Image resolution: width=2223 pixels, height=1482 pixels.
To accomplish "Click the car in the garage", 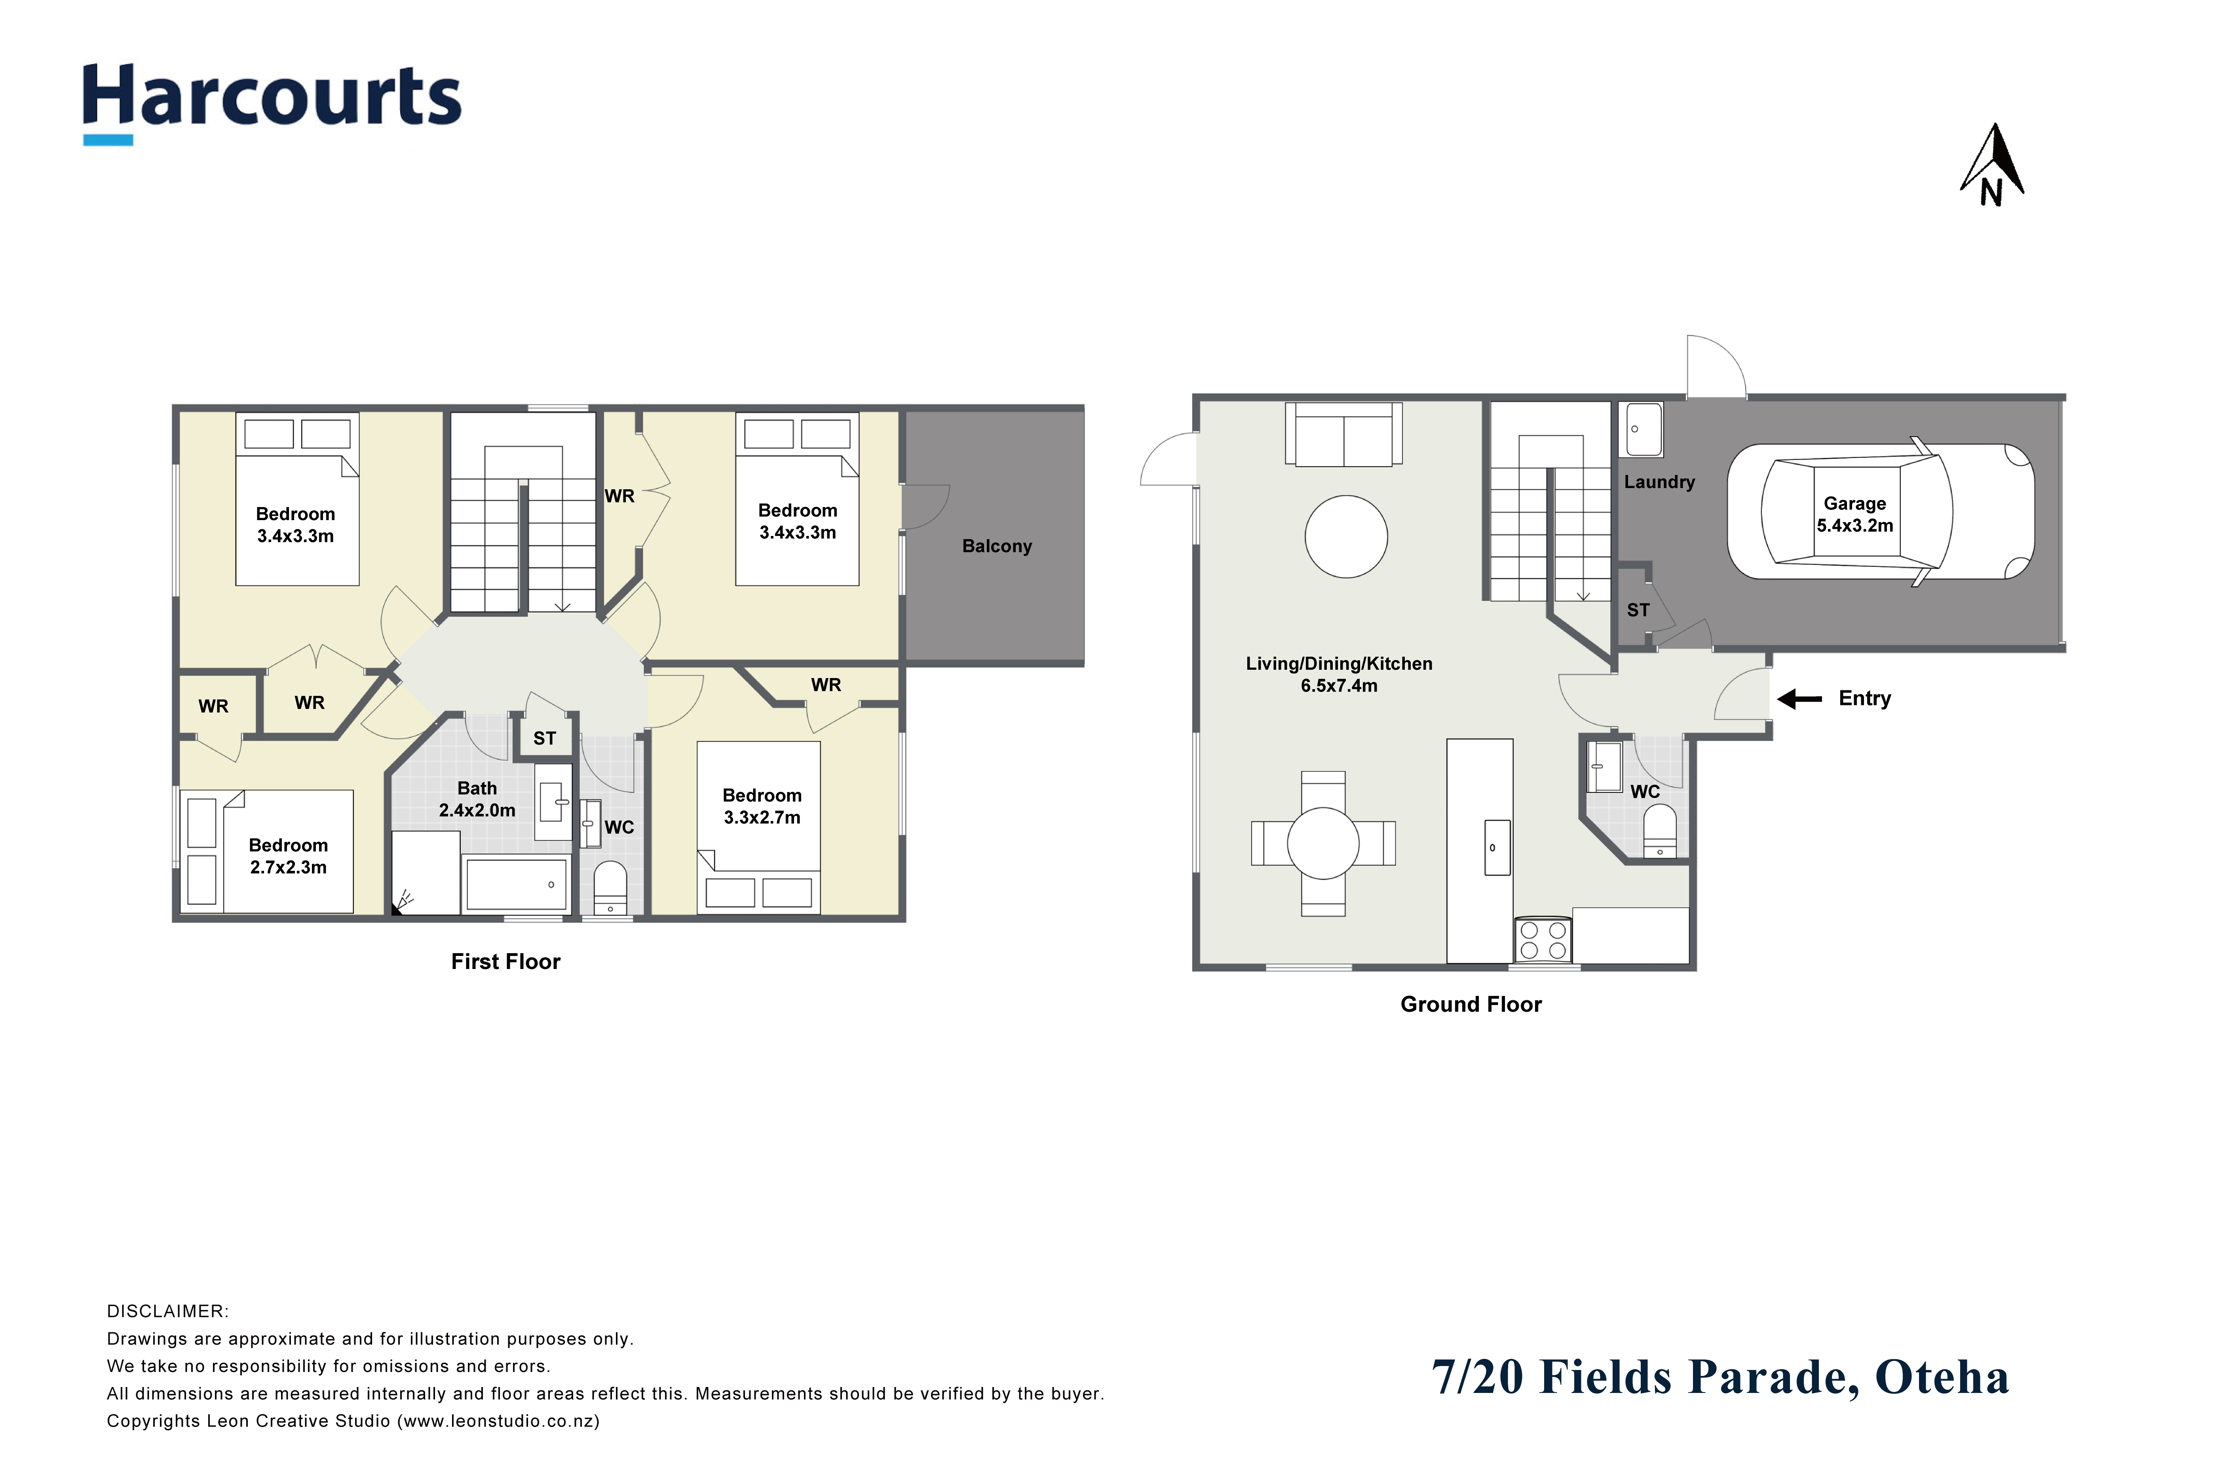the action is [x=1881, y=511].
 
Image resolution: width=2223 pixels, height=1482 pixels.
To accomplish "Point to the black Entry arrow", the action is [x=1799, y=699].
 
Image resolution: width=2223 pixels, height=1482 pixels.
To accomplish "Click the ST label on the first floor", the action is [x=544, y=738].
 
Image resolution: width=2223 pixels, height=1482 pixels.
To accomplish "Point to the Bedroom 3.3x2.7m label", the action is [x=762, y=806].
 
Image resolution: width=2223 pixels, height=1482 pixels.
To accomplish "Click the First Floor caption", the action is [x=505, y=961].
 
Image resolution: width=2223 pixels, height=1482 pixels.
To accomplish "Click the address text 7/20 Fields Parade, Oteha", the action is [x=1720, y=1377].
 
